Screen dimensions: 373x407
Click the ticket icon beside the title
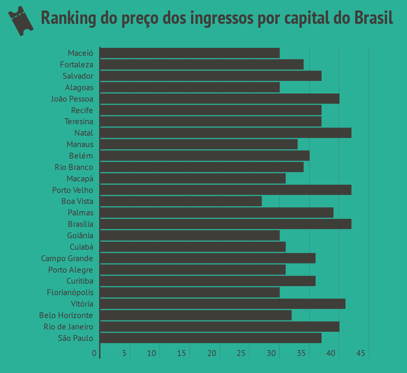(x=21, y=21)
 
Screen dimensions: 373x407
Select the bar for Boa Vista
(x=181, y=201)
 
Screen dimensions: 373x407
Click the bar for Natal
(x=225, y=133)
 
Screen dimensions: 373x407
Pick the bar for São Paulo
(x=210, y=338)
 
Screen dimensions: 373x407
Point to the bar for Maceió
(x=189, y=53)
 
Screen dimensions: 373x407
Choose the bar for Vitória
(x=222, y=304)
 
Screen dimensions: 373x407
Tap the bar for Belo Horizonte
(x=196, y=315)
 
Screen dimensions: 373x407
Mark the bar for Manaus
(x=199, y=144)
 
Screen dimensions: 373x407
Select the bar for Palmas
(x=217, y=213)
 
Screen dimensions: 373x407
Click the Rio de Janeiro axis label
(x=68, y=327)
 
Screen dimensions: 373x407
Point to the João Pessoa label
(x=72, y=99)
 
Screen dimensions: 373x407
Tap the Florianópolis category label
(x=70, y=293)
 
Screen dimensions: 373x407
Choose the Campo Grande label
(x=67, y=259)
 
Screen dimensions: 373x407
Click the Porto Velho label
(x=73, y=190)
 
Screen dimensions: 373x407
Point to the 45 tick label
(x=361, y=353)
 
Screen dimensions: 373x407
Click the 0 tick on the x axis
(x=94, y=353)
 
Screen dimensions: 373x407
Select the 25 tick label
(x=241, y=353)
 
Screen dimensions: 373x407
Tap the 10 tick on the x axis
(x=151, y=353)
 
